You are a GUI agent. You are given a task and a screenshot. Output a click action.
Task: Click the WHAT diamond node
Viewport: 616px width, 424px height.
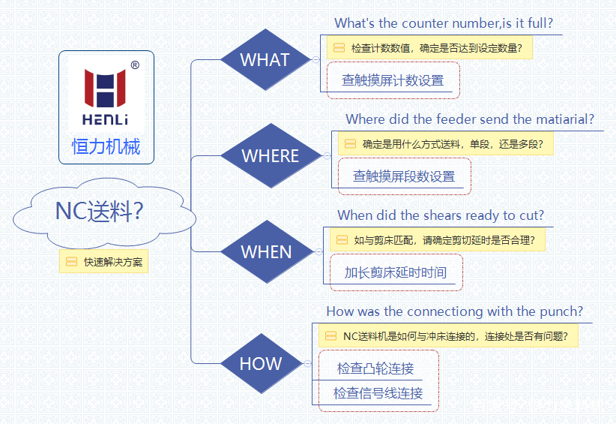pos(265,60)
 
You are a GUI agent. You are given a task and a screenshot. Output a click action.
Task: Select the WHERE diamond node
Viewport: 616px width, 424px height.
pos(271,156)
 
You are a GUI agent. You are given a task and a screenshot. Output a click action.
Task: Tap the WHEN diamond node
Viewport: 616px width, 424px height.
pos(266,251)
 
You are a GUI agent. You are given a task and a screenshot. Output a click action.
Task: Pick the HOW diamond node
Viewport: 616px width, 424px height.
pos(261,364)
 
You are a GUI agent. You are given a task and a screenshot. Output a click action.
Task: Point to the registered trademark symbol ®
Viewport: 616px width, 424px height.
pos(135,66)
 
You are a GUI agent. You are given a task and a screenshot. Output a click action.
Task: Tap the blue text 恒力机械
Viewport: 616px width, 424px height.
pos(106,146)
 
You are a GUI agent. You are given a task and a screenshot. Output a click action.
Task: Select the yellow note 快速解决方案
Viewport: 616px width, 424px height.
pos(104,262)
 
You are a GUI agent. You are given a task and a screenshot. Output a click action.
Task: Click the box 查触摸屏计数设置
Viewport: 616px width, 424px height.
pos(393,80)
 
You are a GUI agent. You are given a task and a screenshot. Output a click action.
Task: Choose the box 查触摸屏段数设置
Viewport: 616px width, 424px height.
pos(404,176)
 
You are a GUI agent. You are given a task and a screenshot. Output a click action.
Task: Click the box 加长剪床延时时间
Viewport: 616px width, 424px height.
pos(395,272)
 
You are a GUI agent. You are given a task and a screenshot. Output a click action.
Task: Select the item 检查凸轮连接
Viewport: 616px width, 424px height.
pos(375,368)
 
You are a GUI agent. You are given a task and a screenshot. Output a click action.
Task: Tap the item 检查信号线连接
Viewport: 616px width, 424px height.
pos(378,393)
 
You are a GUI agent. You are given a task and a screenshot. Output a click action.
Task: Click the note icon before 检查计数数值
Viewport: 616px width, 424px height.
pos(339,48)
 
